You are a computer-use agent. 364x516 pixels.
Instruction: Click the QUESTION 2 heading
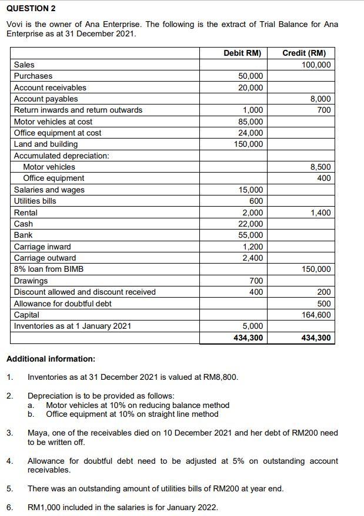click(x=31, y=9)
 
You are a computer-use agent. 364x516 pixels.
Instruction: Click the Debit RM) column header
click(x=242, y=53)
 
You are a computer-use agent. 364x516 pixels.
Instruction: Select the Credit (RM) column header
click(x=304, y=53)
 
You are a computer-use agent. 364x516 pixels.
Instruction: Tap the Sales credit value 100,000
click(x=316, y=65)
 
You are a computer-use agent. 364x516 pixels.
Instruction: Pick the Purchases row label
click(x=33, y=76)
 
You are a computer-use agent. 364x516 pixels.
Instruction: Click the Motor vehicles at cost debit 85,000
click(x=252, y=122)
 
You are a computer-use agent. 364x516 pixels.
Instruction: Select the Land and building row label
click(x=46, y=144)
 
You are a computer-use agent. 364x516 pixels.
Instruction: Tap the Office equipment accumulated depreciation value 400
click(x=324, y=178)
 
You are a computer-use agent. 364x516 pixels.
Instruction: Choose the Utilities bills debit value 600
click(x=256, y=201)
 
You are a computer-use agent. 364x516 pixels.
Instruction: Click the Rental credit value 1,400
click(x=320, y=213)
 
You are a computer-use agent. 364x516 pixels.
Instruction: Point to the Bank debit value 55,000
click(x=252, y=235)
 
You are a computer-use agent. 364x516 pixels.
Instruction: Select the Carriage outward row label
click(x=45, y=258)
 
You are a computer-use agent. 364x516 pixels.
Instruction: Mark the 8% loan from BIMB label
click(x=49, y=269)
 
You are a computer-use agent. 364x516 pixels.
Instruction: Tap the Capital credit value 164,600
click(x=316, y=315)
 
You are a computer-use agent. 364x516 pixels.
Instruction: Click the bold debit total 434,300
click(x=249, y=338)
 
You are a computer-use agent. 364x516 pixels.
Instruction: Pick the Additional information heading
click(x=51, y=359)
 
